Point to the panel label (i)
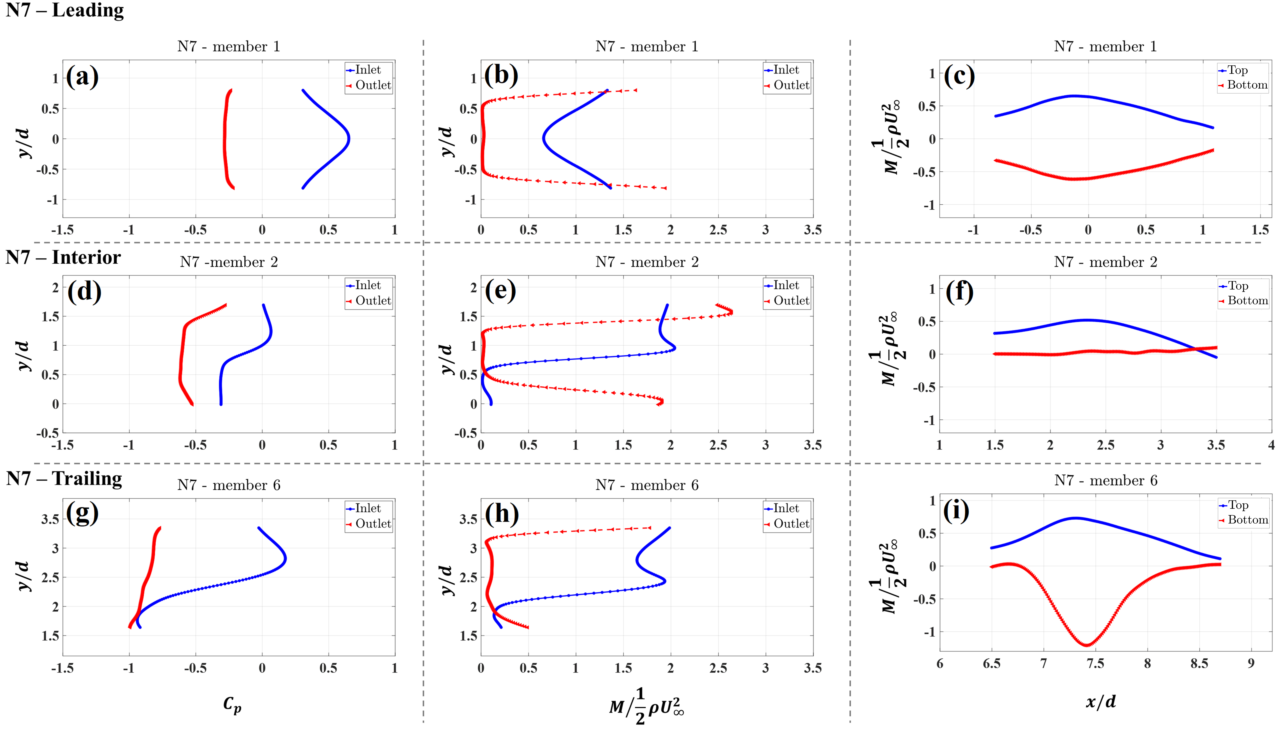[x=956, y=511]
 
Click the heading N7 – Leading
[x=65, y=10]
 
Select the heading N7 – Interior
[x=63, y=257]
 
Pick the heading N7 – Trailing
[x=64, y=479]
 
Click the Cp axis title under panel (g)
[x=232, y=705]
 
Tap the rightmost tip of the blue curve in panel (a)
[x=349, y=139]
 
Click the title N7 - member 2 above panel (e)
[x=647, y=262]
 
